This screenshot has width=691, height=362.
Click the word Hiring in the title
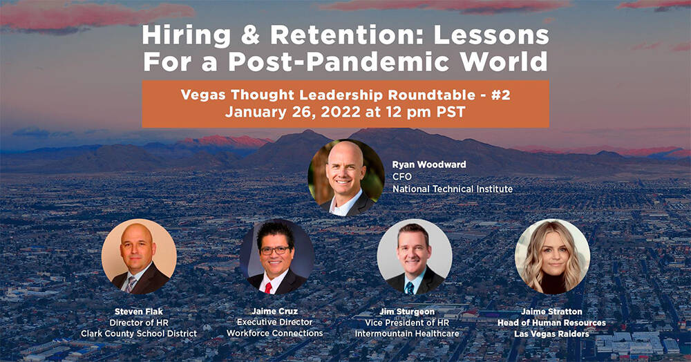pos(186,37)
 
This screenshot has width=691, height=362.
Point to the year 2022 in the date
pos(341,112)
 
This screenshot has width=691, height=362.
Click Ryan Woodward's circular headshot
pos(346,178)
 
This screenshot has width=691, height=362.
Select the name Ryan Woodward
pos(429,164)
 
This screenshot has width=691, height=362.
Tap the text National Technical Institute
pos(453,189)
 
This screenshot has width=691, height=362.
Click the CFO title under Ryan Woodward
pos(402,177)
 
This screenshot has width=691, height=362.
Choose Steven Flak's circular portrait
pos(139,257)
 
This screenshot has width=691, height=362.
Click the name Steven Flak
pos(139,312)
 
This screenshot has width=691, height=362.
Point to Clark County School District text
pos(139,334)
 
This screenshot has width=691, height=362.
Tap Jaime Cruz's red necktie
pos(268,288)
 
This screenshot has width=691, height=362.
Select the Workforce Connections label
pos(275,334)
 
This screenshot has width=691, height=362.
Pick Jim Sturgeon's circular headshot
pos(415,257)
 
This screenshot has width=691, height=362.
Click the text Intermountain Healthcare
pos(407,334)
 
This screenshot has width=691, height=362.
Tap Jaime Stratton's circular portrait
pos(552,257)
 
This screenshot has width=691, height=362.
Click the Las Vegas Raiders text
pos(551,334)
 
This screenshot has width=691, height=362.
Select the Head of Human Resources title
pos(551,323)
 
